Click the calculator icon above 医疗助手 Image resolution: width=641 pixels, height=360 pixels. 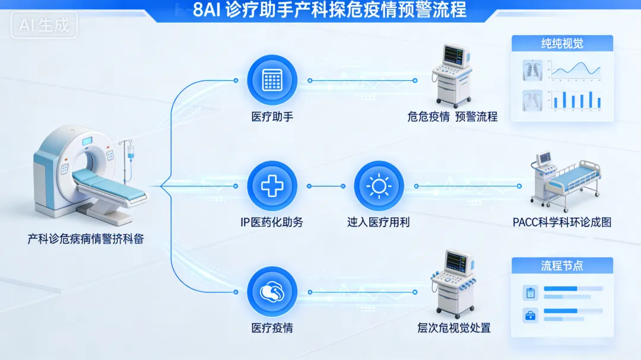[272, 80]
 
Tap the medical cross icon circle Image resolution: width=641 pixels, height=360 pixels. [272, 186]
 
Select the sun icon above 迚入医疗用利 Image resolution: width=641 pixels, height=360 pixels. [379, 186]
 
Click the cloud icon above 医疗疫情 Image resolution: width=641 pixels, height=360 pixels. [272, 292]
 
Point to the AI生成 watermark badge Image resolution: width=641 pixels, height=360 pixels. [44, 26]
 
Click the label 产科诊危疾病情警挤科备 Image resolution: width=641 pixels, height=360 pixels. [85, 240]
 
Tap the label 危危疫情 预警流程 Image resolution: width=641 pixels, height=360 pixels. [452, 117]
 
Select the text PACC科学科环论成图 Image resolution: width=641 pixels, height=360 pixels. [561, 222]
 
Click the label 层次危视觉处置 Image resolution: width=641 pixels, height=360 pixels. [454, 328]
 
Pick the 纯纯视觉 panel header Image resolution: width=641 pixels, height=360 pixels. [561, 43]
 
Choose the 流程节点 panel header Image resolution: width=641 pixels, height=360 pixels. [561, 265]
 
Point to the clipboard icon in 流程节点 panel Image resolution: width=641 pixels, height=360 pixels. [530, 292]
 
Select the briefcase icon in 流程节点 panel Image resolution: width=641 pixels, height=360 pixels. [530, 315]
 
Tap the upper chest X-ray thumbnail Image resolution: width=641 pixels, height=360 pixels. [533, 69]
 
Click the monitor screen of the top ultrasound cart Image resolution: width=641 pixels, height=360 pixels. [454, 55]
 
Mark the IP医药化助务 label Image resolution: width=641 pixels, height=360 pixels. [272, 222]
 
